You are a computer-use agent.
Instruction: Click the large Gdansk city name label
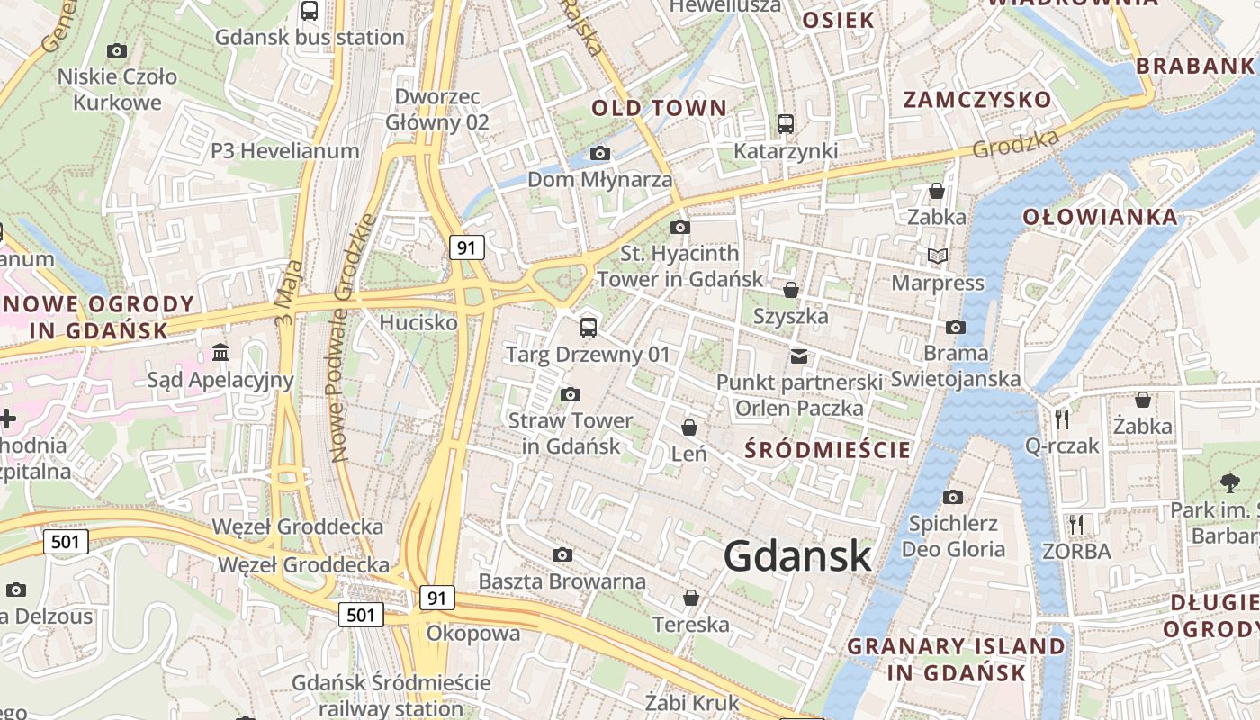(x=797, y=556)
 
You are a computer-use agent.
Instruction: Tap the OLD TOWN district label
(x=659, y=109)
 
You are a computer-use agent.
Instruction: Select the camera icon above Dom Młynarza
(x=599, y=154)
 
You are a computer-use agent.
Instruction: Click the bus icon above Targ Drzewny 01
(x=589, y=327)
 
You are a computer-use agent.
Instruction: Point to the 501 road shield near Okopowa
(x=361, y=615)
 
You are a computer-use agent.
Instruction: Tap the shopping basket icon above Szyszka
(x=790, y=290)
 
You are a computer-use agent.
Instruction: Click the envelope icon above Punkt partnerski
(x=798, y=356)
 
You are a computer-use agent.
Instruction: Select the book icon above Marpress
(x=938, y=256)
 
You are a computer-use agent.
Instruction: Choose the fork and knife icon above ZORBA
(x=1075, y=524)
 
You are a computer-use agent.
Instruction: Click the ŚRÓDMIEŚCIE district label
(x=829, y=449)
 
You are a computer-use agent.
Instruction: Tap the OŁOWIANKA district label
(x=1100, y=217)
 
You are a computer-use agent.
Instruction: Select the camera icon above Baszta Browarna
(x=562, y=554)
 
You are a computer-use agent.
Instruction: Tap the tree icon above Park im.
(x=1229, y=482)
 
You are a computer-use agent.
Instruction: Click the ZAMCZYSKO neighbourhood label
(x=976, y=100)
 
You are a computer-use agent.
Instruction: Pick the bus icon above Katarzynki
(x=786, y=123)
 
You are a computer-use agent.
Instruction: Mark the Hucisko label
(x=418, y=322)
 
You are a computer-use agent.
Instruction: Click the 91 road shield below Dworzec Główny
(x=466, y=247)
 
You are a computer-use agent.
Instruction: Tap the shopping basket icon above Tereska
(x=691, y=598)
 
